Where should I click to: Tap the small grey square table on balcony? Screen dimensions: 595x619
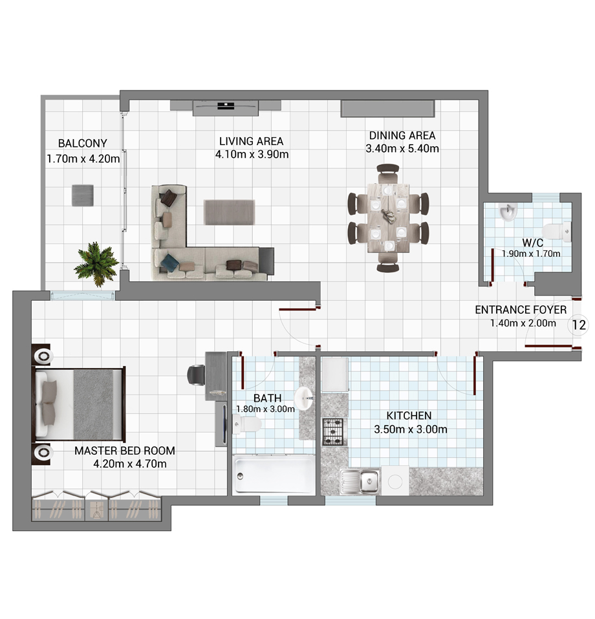[x=83, y=195]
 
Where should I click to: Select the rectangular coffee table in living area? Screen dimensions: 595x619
[x=229, y=212]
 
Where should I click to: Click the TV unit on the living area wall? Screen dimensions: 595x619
[x=226, y=108]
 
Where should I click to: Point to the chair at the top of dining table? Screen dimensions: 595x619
[x=387, y=173]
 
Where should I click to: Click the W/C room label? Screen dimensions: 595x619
[x=532, y=243]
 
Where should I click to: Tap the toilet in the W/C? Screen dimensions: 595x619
[x=557, y=232]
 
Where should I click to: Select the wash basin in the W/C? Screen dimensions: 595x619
[x=508, y=212]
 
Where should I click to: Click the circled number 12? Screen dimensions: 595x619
[x=578, y=325]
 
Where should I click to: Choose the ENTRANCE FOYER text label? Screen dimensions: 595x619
[x=521, y=310]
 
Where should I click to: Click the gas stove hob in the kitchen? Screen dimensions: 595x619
[x=334, y=432]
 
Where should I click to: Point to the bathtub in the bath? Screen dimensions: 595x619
[x=274, y=475]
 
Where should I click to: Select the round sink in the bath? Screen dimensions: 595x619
[x=305, y=399]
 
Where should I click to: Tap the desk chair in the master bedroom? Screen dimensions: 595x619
[x=196, y=375]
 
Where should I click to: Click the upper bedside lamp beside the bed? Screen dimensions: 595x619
[x=43, y=356]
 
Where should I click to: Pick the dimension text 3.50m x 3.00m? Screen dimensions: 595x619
[x=411, y=429]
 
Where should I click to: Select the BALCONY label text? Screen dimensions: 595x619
[x=83, y=143]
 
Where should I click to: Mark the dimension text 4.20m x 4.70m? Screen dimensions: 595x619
[x=130, y=464]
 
